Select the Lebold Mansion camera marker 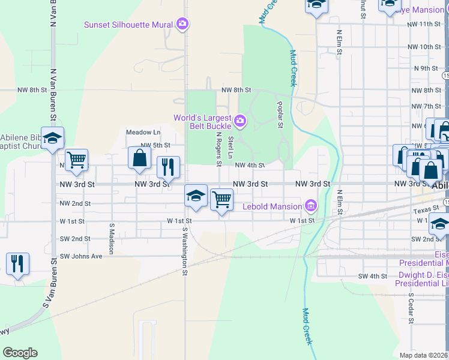click(310, 206)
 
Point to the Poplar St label click(280, 115)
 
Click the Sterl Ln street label click(231, 148)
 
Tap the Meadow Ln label click(143, 132)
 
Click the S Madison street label click(112, 239)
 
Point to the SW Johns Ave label click(81, 256)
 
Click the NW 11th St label click(424, 24)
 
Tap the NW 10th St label click(424, 47)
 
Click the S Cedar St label click(411, 308)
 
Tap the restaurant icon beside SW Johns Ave click(17, 263)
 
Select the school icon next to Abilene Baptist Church click(52, 138)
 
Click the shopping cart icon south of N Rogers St click(221, 199)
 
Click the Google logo click(20, 353)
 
